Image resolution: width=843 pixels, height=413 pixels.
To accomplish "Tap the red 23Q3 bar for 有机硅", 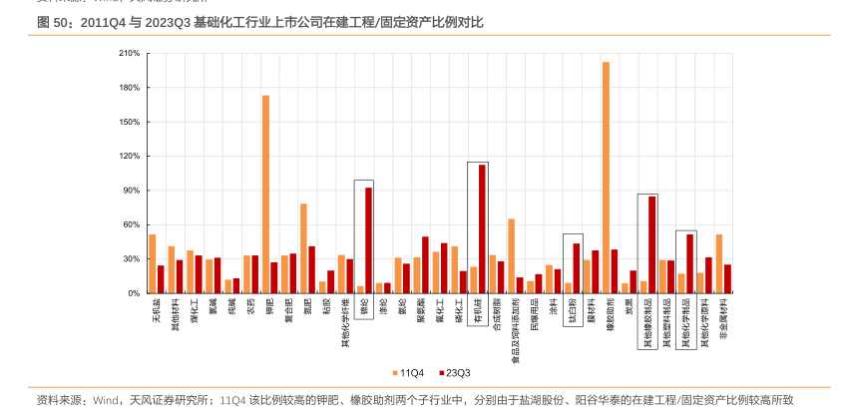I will pyautogui.click(x=483, y=228).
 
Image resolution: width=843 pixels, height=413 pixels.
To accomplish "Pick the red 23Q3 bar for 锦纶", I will pyautogui.click(x=369, y=240).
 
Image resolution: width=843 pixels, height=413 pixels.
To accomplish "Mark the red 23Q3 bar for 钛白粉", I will pyautogui.click(x=577, y=268).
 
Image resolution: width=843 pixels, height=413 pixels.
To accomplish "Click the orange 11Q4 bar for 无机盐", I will pyautogui.click(x=153, y=263).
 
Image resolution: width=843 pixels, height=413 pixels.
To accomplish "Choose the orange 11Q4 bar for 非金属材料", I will pyautogui.click(x=719, y=263).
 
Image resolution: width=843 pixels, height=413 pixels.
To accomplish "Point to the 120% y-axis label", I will pyautogui.click(x=128, y=157).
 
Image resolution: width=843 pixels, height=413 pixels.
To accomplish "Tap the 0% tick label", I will pyautogui.click(x=132, y=293).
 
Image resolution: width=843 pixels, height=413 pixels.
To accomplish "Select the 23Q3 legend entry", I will pyautogui.click(x=454, y=372).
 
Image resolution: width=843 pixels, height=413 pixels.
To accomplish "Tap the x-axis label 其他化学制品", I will pyautogui.click(x=683, y=325).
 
